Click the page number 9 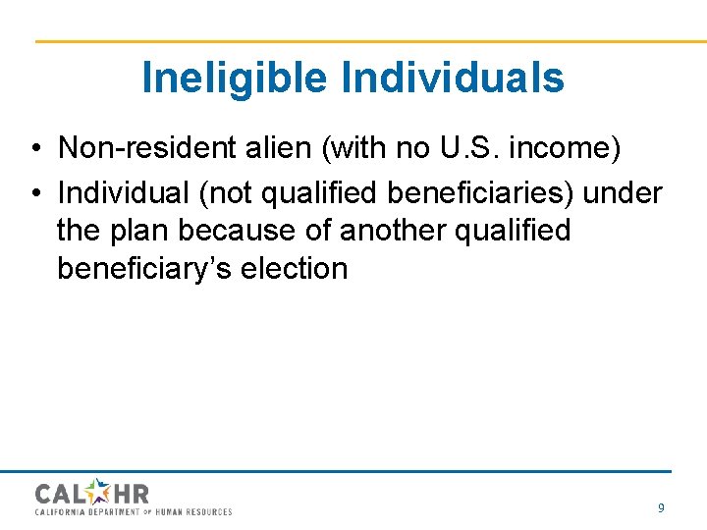coord(661,507)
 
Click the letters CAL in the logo coord(60,493)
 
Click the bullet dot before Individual coord(34,194)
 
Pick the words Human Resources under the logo coord(197,511)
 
